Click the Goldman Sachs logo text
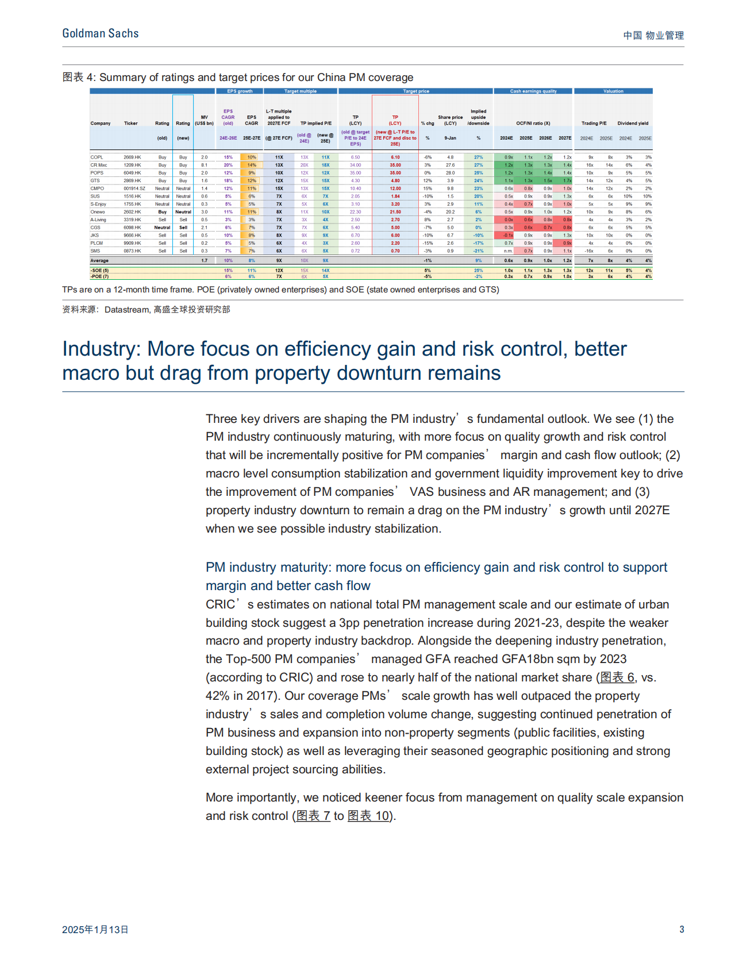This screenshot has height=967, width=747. [101, 34]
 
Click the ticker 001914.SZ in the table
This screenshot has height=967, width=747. [134, 188]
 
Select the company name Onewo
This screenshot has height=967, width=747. [98, 212]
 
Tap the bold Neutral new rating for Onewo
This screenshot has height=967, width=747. [183, 212]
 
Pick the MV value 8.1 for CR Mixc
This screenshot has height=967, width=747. [204, 165]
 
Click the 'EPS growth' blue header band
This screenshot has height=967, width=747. [240, 91]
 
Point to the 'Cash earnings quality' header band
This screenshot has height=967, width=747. [533, 91]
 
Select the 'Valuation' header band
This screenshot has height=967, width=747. [613, 91]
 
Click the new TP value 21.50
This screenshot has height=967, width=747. [395, 212]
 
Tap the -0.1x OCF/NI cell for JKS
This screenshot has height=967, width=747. [508, 235]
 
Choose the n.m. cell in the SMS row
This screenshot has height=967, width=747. [509, 251]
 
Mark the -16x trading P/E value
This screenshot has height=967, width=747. [589, 251]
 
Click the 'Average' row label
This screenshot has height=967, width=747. [99, 261]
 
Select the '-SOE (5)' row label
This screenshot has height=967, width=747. [99, 271]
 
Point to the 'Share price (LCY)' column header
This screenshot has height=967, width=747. [450, 120]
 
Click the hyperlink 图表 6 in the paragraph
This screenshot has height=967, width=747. [617, 677]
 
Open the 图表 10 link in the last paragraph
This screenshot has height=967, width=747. [369, 816]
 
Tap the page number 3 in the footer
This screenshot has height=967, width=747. [681, 929]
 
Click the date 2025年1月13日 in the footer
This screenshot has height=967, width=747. [95, 929]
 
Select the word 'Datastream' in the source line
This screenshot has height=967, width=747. [127, 310]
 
